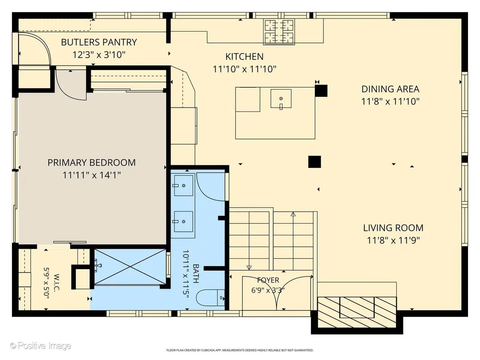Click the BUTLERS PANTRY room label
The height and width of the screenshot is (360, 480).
tap(99, 42)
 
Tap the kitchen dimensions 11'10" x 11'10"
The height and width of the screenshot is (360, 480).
tap(244, 69)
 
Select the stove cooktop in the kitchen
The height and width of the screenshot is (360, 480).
tap(279, 32)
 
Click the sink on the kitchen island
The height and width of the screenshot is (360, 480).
tap(281, 99)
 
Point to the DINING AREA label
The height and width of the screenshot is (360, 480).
tap(390, 89)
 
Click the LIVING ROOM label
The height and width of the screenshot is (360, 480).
tap(393, 228)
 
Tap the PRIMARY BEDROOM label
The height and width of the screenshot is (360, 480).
tap(92, 163)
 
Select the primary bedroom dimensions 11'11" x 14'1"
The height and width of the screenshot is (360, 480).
tap(92, 175)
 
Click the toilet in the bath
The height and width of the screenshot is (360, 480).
tap(210, 298)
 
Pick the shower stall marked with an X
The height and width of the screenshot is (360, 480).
tap(130, 267)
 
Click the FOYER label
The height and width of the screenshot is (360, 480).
tap(268, 280)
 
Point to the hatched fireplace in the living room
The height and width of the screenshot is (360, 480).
tap(357, 312)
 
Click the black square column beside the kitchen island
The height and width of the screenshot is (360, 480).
tap(321, 91)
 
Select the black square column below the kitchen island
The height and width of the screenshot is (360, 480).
tap(314, 162)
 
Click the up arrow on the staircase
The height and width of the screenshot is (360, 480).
tap(293, 214)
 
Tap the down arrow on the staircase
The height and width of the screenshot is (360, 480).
tap(249, 268)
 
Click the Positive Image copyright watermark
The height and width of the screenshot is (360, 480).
tap(41, 346)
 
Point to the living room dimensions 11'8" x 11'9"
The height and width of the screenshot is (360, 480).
tap(393, 241)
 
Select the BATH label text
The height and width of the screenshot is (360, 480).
tap(196, 274)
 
